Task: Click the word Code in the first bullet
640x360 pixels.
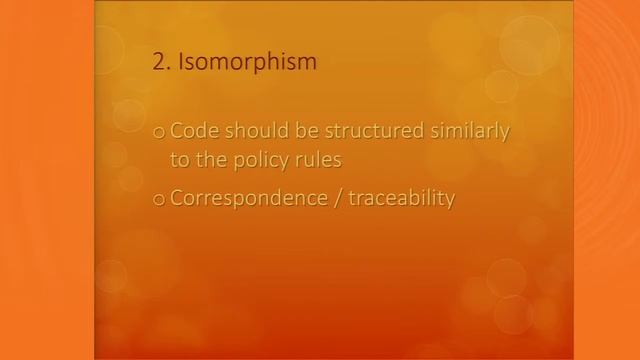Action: (192, 131)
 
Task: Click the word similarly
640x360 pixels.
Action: (469, 131)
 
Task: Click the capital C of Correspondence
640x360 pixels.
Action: (177, 198)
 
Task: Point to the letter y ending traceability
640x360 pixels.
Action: (450, 201)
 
